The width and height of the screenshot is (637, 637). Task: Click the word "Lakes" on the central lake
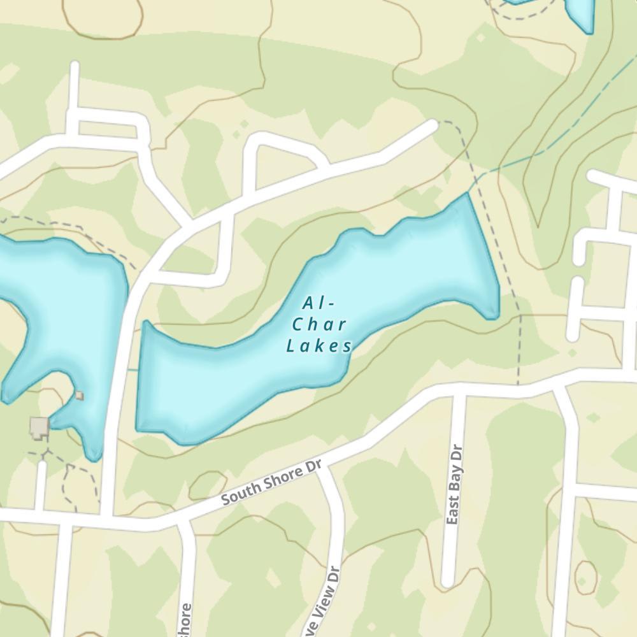click(x=319, y=346)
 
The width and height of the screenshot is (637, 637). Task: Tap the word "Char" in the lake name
click(x=319, y=324)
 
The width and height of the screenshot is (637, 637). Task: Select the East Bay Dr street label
click(x=454, y=484)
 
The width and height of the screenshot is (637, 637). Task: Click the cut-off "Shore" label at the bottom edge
click(x=185, y=619)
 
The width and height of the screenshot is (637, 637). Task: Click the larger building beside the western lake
click(x=39, y=427)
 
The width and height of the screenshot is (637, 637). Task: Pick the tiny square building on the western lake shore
click(x=79, y=396)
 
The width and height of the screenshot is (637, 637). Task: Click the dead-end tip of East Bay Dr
click(x=448, y=581)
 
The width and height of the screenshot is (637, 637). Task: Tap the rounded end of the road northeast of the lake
click(x=433, y=125)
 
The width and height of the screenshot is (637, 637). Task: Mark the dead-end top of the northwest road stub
click(x=75, y=66)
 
